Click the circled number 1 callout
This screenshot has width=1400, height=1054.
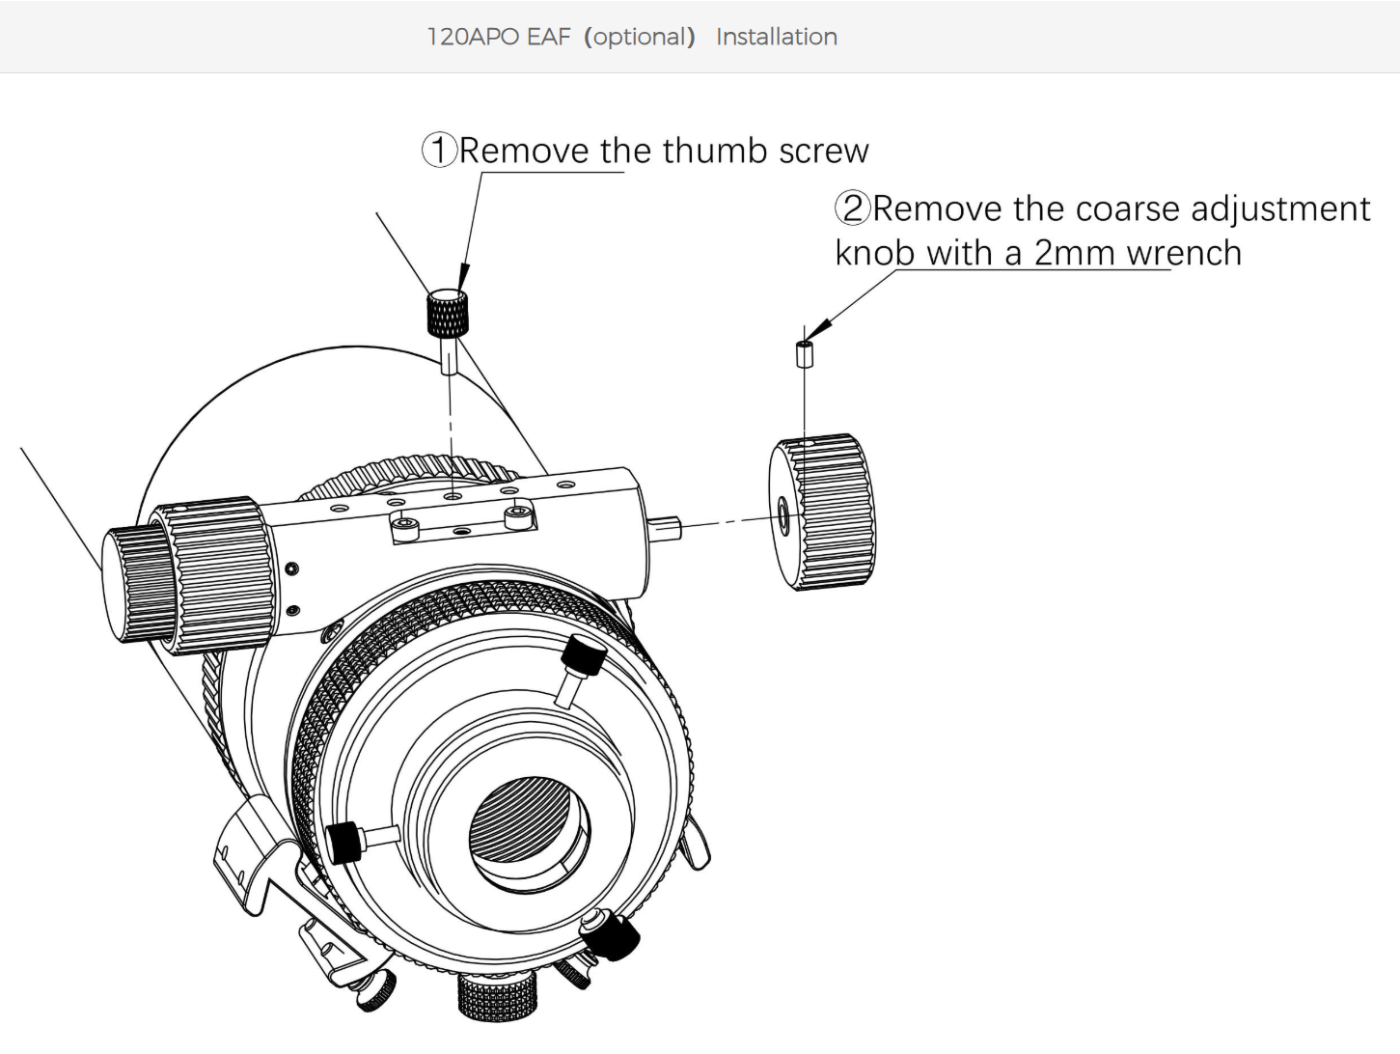(x=439, y=151)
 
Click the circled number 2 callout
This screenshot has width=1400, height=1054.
(x=853, y=208)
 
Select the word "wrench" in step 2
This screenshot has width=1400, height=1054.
(x=1184, y=253)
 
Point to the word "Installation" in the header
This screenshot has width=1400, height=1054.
(x=776, y=37)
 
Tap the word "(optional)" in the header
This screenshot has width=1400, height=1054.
(x=640, y=37)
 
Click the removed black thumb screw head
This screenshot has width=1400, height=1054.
(x=447, y=310)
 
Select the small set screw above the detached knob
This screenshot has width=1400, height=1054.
(x=805, y=353)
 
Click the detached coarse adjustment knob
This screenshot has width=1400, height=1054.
(x=822, y=512)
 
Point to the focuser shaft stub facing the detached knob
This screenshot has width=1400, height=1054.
(x=667, y=527)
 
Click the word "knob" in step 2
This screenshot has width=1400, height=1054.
(x=874, y=253)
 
